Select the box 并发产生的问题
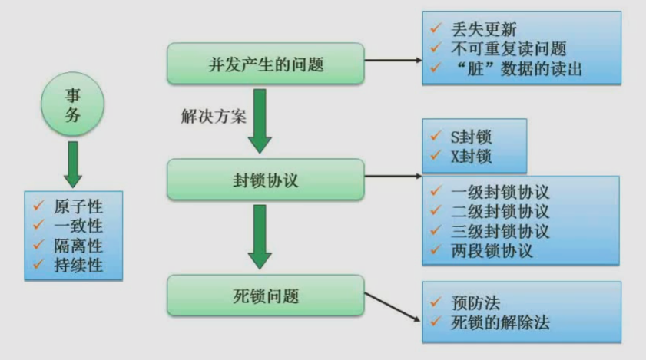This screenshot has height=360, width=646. (x=265, y=64)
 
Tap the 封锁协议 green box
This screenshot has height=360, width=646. (x=265, y=180)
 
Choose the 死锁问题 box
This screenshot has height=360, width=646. (x=265, y=296)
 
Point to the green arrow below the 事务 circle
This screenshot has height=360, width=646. (x=72, y=163)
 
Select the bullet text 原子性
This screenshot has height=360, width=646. (x=78, y=207)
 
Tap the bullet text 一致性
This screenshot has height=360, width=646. (x=78, y=227)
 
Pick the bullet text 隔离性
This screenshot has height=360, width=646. (x=78, y=246)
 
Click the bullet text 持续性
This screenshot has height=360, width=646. (x=78, y=266)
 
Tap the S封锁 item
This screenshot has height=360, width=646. (x=471, y=138)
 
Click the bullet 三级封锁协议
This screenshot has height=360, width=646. (x=500, y=231)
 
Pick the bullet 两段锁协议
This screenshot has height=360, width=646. (x=492, y=250)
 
